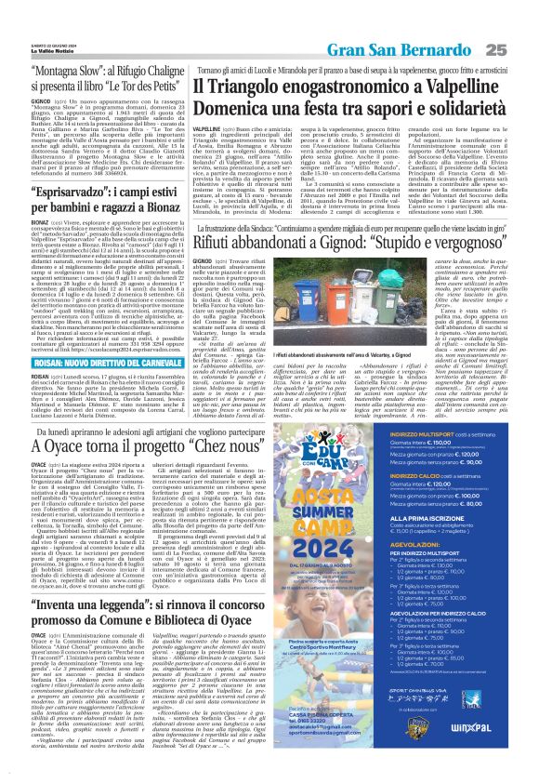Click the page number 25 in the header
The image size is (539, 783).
point(521,22)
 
